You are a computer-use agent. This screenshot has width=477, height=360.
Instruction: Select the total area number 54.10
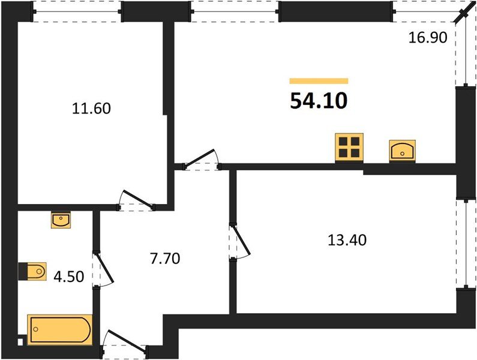[x=319, y=101]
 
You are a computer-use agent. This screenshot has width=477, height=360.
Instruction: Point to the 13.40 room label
[x=347, y=240]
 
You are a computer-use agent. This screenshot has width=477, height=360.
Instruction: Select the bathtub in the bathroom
[x=61, y=329]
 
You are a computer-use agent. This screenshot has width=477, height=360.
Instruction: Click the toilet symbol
[x=35, y=271]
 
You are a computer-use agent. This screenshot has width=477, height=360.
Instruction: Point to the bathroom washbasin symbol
[x=61, y=220]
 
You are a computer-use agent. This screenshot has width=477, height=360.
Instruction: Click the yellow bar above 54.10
[x=319, y=80]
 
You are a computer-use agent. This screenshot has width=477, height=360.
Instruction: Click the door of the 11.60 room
[x=135, y=200]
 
